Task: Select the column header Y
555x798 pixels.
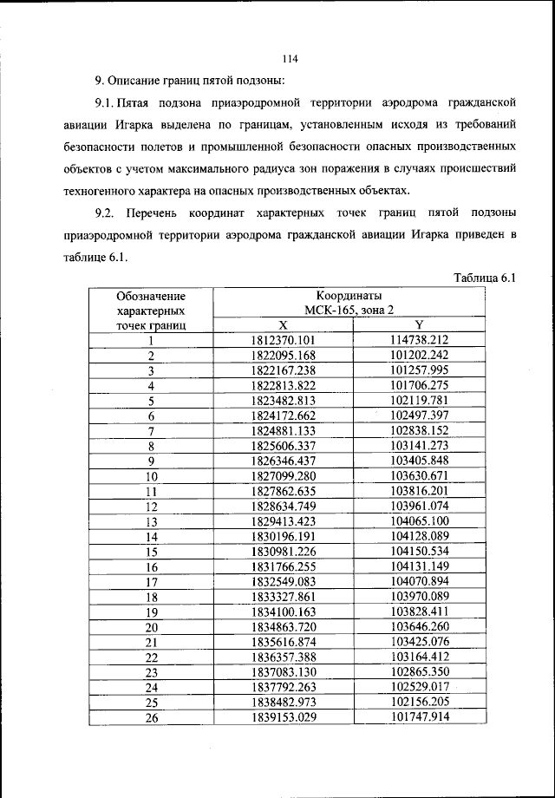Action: point(419,324)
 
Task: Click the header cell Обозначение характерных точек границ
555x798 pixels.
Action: point(151,310)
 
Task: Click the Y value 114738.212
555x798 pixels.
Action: point(419,340)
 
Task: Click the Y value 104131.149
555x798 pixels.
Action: point(419,568)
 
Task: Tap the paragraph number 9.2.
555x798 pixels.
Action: point(105,213)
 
